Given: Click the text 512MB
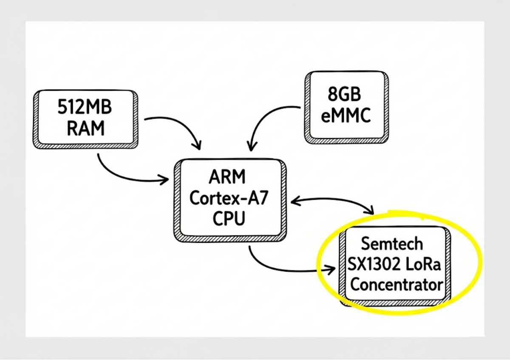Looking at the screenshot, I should (85, 108).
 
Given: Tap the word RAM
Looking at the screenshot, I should (85, 128).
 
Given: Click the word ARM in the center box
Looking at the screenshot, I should (228, 177).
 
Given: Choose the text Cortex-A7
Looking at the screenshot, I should (229, 198).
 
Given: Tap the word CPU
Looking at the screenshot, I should (229, 219).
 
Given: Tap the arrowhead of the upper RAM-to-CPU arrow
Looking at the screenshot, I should (199, 147).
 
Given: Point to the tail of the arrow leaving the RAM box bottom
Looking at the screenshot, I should (99, 155).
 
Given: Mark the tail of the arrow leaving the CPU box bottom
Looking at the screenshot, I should (251, 247).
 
